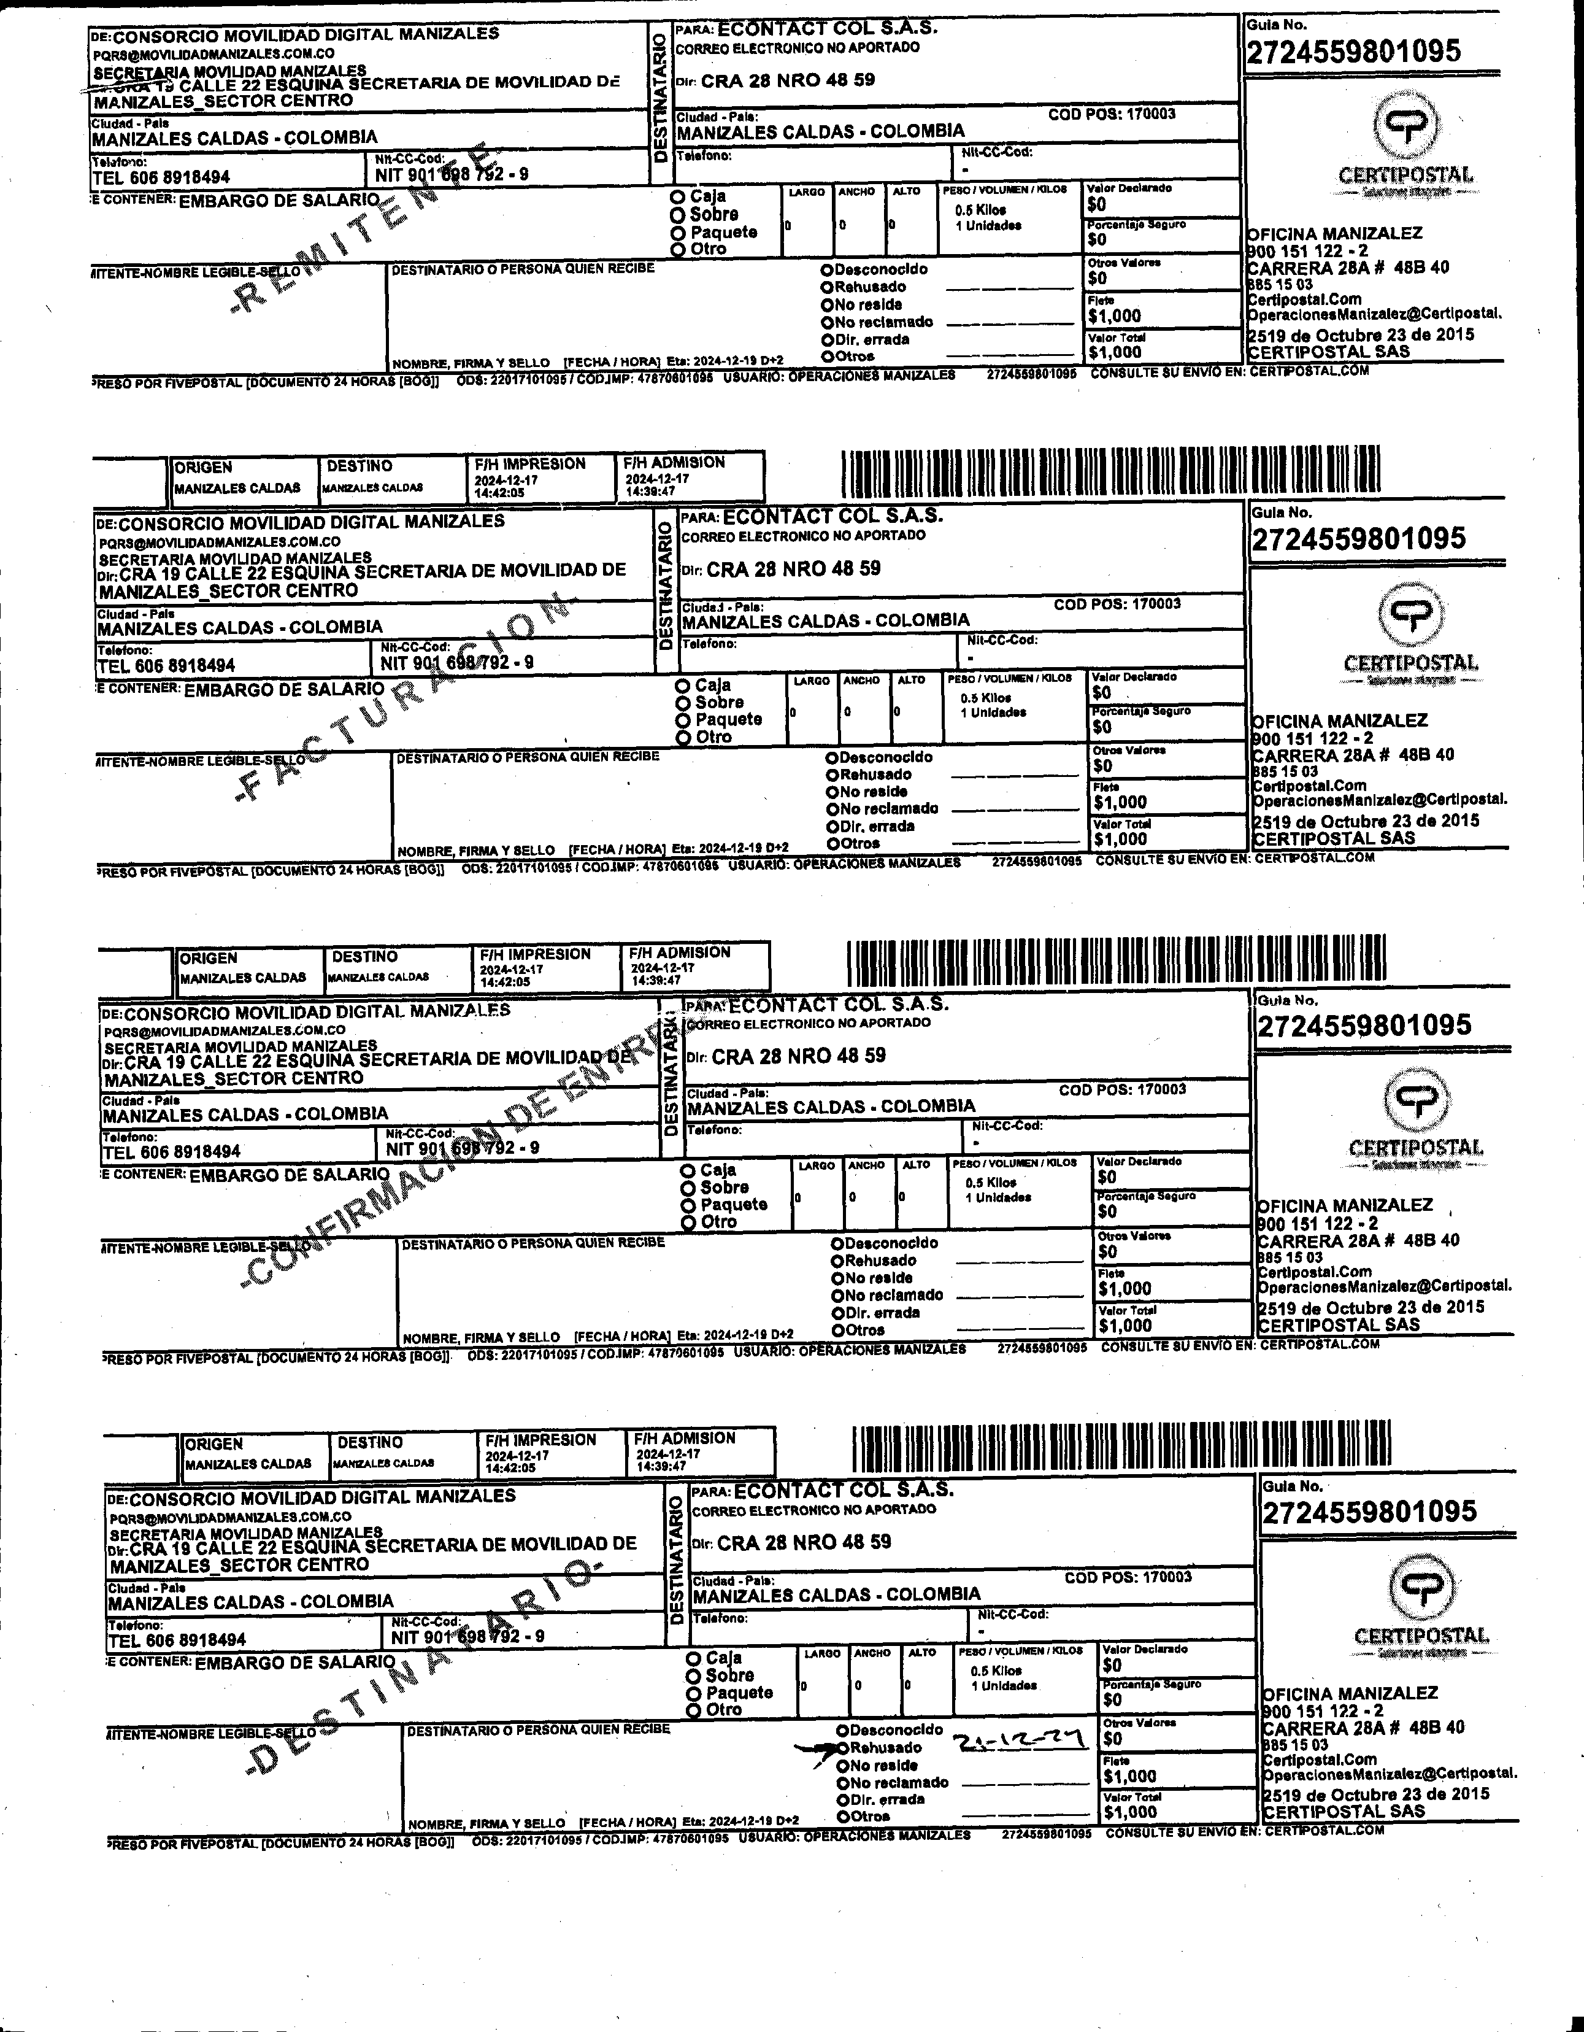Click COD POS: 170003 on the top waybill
click(x=1112, y=114)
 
